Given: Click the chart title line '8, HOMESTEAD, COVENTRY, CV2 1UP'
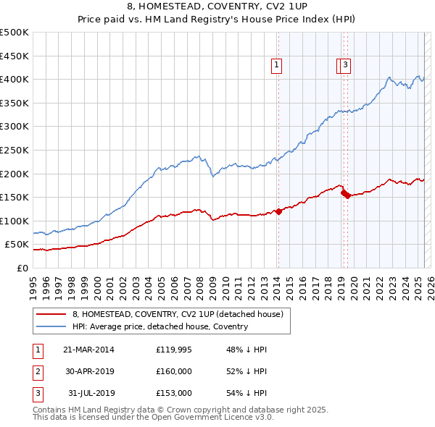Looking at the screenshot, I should [217, 7].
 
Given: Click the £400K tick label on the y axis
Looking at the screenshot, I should [14, 79].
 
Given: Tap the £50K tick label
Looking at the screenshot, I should [17, 245].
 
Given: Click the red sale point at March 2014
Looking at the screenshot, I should [278, 211].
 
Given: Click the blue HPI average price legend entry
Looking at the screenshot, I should [159, 326].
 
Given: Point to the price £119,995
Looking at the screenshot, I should [174, 349].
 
